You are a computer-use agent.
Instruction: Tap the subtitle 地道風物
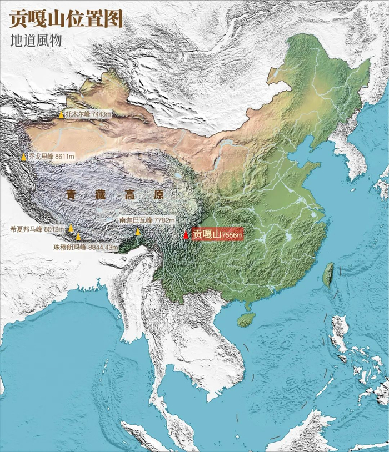click(x=36, y=41)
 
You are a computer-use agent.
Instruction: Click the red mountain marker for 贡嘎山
click(x=186, y=235)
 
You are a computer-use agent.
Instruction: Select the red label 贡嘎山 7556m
click(x=217, y=235)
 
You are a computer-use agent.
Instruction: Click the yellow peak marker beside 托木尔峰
click(x=61, y=114)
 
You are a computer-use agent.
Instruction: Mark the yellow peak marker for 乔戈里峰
click(x=24, y=157)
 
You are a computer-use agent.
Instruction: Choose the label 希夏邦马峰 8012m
click(x=37, y=228)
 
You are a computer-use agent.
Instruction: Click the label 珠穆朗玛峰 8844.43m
click(x=86, y=247)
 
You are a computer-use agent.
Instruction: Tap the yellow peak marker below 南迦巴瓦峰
click(x=138, y=232)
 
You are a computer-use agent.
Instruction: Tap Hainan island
click(x=246, y=319)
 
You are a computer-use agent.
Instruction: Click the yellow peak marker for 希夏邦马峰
click(x=71, y=228)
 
